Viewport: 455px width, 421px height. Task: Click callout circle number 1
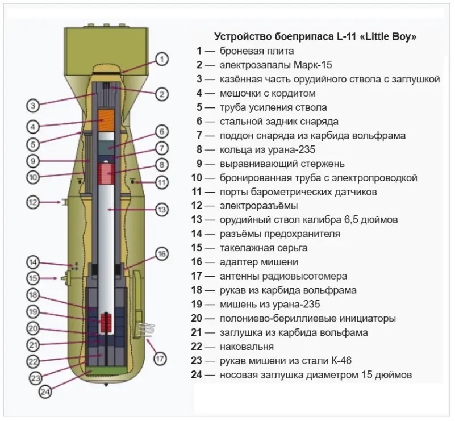(x=162, y=60)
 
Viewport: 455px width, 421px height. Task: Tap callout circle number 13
(x=162, y=210)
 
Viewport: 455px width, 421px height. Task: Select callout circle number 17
(x=160, y=359)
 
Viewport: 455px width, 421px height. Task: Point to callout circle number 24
(x=45, y=392)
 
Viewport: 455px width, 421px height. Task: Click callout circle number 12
(x=33, y=202)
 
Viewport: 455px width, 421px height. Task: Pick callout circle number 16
(x=162, y=254)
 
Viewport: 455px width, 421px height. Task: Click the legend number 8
(x=199, y=149)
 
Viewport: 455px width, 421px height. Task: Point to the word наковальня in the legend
(x=247, y=347)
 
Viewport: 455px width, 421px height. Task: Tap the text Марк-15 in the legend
(x=313, y=64)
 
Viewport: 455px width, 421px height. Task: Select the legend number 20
(x=197, y=318)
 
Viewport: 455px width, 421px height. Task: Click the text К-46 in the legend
(x=341, y=361)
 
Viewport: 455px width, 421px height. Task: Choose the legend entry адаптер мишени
(x=259, y=262)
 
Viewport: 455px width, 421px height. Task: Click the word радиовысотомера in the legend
(x=304, y=276)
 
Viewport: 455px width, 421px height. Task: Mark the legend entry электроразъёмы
(x=259, y=206)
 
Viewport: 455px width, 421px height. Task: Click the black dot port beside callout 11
(x=132, y=182)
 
